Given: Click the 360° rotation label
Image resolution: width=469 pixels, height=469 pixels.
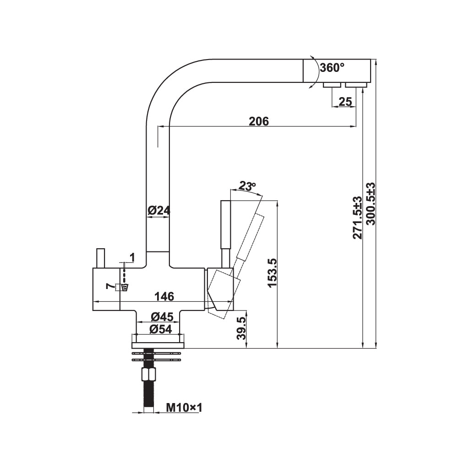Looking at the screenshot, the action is tap(332, 68).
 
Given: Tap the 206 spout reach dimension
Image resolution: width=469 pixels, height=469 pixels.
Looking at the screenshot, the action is tap(259, 121).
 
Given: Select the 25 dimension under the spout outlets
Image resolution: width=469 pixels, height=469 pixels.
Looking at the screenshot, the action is tap(345, 102).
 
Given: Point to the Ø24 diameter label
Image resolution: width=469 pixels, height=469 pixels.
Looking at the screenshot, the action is tap(159, 211).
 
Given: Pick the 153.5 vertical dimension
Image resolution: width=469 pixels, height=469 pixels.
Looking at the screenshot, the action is tap(273, 273).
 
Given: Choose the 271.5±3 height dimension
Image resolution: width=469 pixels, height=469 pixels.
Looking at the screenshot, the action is tap(357, 218).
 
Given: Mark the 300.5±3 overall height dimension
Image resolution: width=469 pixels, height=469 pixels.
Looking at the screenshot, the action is tap(371, 203).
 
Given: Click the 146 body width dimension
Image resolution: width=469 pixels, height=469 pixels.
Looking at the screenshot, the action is tap(164, 296).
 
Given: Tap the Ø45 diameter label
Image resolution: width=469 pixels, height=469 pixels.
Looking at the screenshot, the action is tap(162, 316).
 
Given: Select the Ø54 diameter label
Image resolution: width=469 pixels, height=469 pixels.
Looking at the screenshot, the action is tap(161, 329).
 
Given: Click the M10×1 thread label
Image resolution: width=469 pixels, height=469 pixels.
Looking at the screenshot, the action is tap(184, 407).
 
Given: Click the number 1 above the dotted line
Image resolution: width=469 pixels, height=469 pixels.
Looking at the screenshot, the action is tap(132, 257).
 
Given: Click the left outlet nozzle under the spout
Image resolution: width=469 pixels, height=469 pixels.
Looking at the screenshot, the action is tap(332, 85).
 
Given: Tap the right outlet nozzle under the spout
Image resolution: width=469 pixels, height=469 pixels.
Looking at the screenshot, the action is tap(356, 85).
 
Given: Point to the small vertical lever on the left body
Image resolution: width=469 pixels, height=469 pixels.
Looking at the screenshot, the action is tap(100, 258).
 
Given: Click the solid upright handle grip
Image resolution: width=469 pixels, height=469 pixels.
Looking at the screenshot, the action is tap(226, 224).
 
